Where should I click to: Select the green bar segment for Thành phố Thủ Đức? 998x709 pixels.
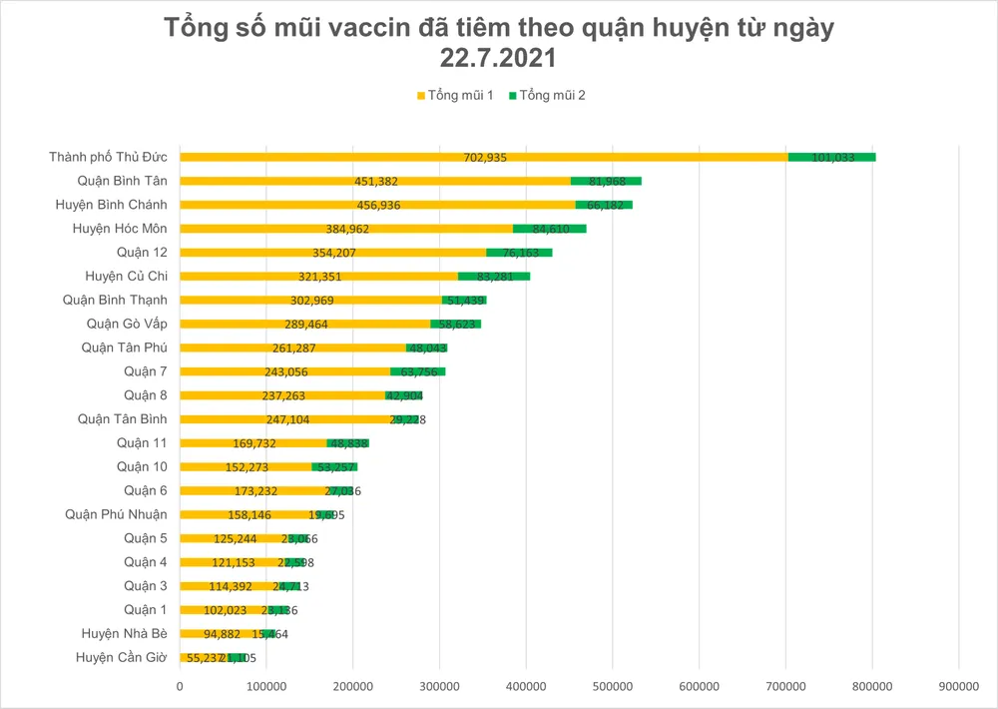click(831, 157)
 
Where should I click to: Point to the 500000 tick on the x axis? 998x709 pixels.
click(612, 687)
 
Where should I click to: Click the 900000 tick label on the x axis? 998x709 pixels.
click(958, 687)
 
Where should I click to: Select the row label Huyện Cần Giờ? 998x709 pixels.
click(121, 657)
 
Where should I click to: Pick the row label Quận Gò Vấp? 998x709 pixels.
click(127, 324)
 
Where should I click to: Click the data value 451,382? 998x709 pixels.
click(376, 181)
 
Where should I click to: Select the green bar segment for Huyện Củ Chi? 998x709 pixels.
click(494, 276)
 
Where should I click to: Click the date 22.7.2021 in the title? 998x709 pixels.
click(498, 61)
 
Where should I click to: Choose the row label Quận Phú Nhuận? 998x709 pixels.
click(116, 514)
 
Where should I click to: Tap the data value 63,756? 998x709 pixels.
click(417, 371)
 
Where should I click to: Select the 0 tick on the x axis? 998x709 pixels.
click(180, 687)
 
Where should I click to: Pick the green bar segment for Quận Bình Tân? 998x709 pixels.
click(606, 181)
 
